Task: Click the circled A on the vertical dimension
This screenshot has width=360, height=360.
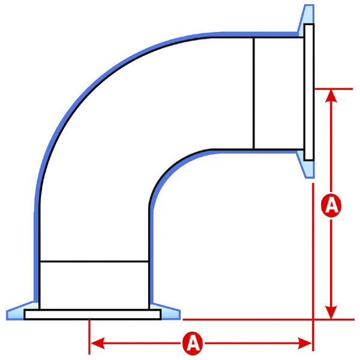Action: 331,205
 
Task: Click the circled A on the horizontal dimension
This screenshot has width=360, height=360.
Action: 193,343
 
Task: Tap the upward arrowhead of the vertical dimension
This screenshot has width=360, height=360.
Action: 331,96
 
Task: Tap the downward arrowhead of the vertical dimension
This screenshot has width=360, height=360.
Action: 331,312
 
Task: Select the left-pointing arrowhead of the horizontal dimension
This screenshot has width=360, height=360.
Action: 98,343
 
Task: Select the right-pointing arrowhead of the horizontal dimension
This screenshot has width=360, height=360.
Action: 305,343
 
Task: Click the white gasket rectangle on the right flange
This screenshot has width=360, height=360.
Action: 309,92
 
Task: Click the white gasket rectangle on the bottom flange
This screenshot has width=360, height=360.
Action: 92,314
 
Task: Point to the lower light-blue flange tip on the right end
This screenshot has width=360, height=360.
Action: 306,164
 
